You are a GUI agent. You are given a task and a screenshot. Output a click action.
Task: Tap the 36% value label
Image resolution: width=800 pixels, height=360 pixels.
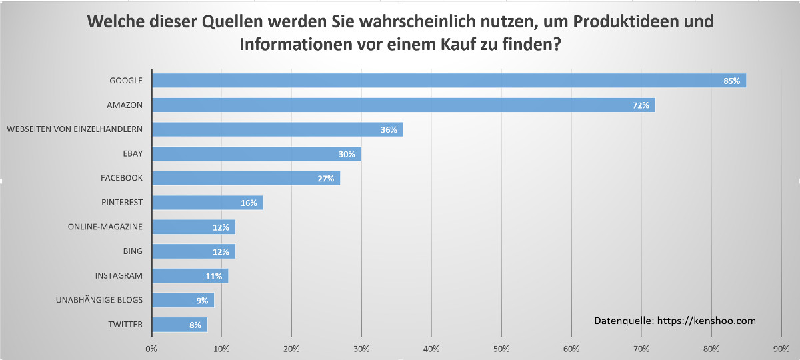click(389, 130)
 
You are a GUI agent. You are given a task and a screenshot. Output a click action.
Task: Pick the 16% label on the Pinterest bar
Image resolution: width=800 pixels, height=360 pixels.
click(249, 203)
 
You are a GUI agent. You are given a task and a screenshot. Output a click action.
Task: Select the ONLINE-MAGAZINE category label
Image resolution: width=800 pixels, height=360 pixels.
click(105, 227)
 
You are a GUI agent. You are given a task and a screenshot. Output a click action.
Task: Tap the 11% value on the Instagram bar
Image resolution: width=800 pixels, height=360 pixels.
click(213, 276)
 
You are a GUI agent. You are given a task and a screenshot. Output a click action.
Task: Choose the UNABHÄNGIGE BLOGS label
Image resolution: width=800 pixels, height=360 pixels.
click(99, 300)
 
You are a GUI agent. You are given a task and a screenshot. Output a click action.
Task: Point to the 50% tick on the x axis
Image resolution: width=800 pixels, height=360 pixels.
click(501, 349)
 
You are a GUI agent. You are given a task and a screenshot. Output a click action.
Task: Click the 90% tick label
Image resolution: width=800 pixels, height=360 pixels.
click(781, 349)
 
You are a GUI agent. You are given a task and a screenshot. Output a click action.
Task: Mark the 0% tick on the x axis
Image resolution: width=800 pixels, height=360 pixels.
click(151, 349)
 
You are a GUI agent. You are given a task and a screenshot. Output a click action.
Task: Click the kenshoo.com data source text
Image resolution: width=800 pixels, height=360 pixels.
click(675, 321)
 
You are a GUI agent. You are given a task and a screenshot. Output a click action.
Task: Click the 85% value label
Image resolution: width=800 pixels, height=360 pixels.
click(732, 81)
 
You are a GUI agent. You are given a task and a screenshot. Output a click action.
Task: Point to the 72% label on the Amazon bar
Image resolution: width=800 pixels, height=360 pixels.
click(641, 105)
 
